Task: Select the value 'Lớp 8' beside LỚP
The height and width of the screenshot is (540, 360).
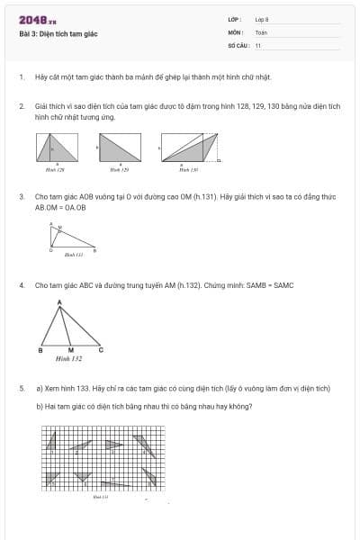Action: pos(262,19)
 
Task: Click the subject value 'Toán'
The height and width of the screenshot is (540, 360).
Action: pos(261,31)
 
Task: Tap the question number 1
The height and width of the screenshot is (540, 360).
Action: pos(21,77)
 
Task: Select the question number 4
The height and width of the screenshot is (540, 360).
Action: pos(21,285)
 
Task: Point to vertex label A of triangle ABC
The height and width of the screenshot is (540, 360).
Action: pos(60,302)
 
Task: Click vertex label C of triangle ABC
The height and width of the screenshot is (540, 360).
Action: pos(101,349)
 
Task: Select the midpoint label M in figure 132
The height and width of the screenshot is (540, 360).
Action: pos(71,349)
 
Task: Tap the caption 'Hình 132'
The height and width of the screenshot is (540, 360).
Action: pos(68,358)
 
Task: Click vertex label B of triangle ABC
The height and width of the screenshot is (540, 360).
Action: pos(41,349)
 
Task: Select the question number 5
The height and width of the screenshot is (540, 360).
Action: pos(21,388)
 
